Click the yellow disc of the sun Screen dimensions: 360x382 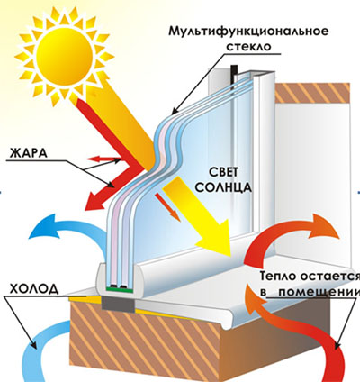click(x=64, y=56)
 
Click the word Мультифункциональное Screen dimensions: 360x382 click(x=248, y=31)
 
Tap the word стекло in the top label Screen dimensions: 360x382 click(x=248, y=47)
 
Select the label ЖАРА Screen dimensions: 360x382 click(x=29, y=153)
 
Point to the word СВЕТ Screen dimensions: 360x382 click(x=223, y=172)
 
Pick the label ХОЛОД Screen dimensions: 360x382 click(x=34, y=289)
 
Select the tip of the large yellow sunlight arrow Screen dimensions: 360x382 click(x=231, y=256)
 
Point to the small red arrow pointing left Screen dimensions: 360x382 click(x=103, y=159)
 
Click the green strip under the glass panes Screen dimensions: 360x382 click(x=120, y=289)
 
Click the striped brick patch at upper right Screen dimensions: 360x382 click(x=312, y=92)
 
